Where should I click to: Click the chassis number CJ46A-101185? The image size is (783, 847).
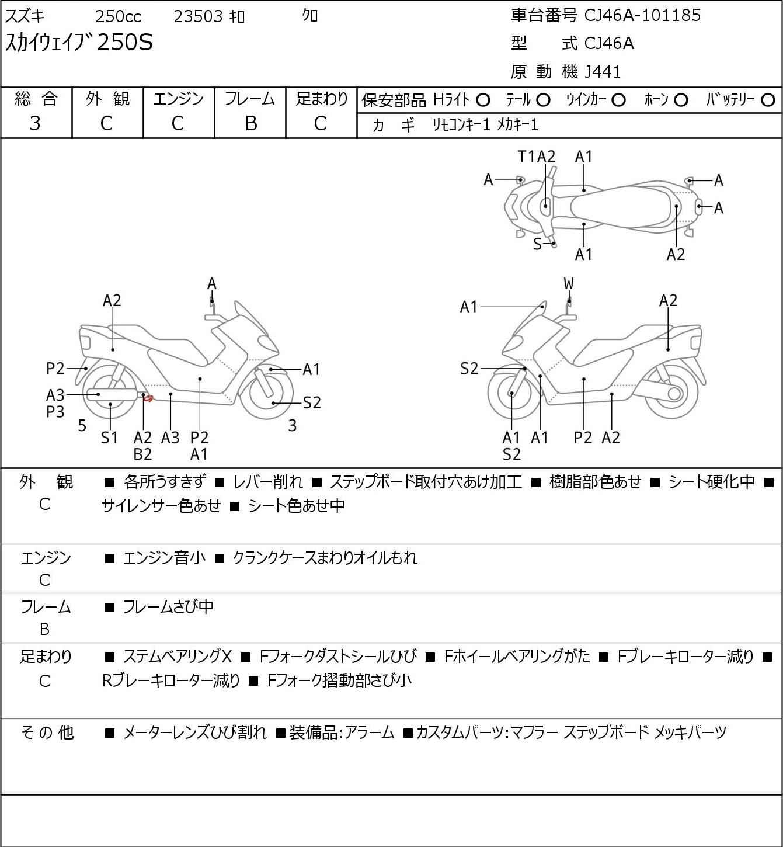pyautogui.click(x=642, y=16)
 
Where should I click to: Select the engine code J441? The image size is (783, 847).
pyautogui.click(x=603, y=72)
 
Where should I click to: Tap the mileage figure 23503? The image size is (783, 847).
pyautogui.click(x=199, y=16)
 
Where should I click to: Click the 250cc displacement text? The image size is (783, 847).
pyautogui.click(x=118, y=16)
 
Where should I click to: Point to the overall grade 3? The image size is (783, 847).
pyautogui.click(x=35, y=124)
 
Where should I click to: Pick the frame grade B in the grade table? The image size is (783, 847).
pyautogui.click(x=250, y=124)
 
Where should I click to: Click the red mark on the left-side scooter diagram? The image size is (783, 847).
pyautogui.click(x=148, y=399)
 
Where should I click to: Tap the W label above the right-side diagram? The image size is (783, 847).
pyautogui.click(x=569, y=283)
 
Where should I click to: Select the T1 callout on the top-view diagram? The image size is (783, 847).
pyautogui.click(x=526, y=157)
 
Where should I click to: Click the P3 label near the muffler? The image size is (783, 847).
pyautogui.click(x=55, y=412)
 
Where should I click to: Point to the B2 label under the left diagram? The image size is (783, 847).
pyautogui.click(x=142, y=454)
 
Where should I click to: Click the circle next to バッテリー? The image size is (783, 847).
pyautogui.click(x=768, y=100)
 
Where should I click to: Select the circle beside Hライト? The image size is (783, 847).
pyautogui.click(x=483, y=100)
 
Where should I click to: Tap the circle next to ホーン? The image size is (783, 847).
pyautogui.click(x=681, y=100)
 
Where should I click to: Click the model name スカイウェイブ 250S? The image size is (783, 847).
pyautogui.click(x=79, y=43)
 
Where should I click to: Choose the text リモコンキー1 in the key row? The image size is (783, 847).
pyautogui.click(x=461, y=125)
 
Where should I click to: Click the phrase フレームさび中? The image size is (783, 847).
pyautogui.click(x=168, y=606)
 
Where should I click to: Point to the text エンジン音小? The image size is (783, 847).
pyautogui.click(x=164, y=558)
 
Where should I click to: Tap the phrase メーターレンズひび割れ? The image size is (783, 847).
pyautogui.click(x=195, y=733)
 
